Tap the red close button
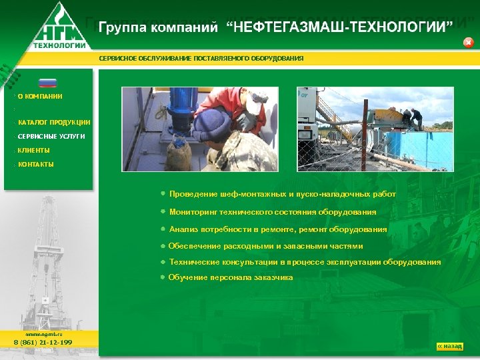point(468,43)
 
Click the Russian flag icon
point(48,83)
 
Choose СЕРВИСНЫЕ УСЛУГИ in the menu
point(51,136)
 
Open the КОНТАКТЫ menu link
point(36,164)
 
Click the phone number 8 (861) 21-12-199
point(43,343)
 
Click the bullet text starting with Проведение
point(282,194)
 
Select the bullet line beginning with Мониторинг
point(273,212)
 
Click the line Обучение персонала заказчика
point(230,277)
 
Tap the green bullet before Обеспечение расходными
point(163,245)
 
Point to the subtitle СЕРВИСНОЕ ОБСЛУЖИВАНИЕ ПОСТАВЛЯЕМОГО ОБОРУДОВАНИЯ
point(201,58)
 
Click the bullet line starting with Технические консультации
point(305,262)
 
